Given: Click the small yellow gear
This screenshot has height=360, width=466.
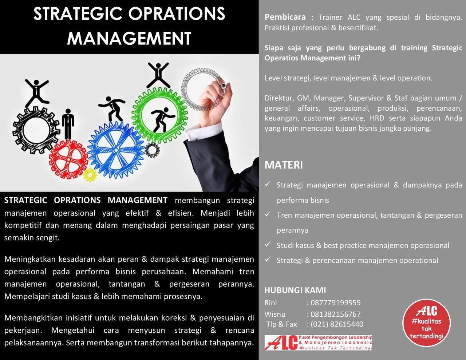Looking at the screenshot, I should pyautogui.click(x=89, y=175).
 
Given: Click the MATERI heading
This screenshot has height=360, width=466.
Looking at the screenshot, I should pyautogui.click(x=284, y=165).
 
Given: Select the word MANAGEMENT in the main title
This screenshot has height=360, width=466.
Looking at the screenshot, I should pyautogui.click(x=129, y=38).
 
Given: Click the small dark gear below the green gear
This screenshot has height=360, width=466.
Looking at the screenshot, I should pyautogui.click(x=152, y=149).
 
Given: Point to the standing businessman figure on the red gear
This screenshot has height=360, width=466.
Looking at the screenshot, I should pyautogui.click(x=67, y=124).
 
